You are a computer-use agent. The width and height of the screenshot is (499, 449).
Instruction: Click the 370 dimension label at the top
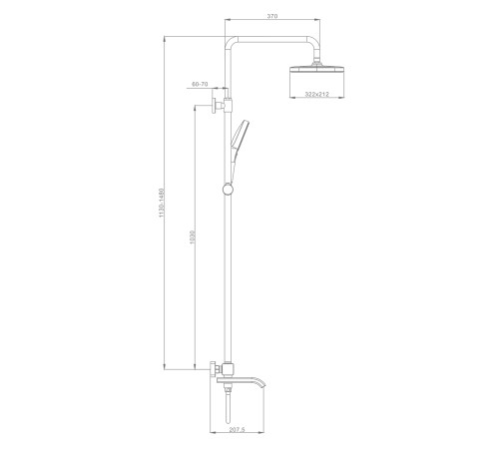coord(272,16)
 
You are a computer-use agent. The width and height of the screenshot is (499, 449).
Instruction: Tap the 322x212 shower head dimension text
coord(317,94)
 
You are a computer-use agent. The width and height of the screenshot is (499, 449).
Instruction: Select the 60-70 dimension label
coord(200,84)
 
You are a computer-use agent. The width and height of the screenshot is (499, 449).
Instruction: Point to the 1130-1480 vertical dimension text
coord(162,203)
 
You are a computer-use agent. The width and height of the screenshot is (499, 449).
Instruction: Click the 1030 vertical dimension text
coord(192,236)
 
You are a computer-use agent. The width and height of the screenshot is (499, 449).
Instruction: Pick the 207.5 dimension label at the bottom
coord(237,430)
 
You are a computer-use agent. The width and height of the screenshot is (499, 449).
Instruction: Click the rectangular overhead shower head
coord(317,69)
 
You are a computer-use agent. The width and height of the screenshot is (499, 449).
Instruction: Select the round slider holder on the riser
coord(229,189)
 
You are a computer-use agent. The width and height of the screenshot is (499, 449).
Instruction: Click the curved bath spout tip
coord(263,385)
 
